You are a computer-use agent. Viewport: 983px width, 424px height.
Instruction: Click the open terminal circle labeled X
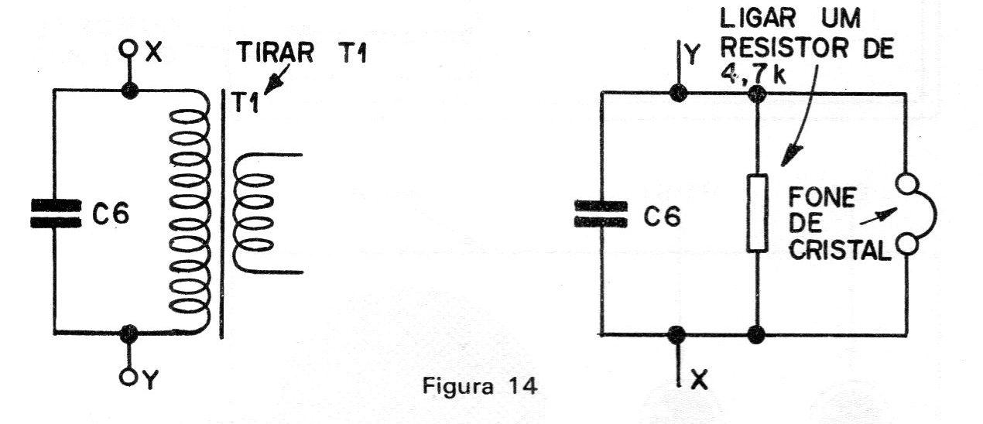tap(128, 50)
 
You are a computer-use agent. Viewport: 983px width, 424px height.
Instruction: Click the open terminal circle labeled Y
tap(128, 376)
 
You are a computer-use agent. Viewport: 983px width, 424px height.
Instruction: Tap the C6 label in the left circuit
tap(111, 214)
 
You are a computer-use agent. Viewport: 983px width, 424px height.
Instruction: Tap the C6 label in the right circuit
tap(663, 216)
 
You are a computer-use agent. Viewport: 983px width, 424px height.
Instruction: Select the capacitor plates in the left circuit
tap(56, 214)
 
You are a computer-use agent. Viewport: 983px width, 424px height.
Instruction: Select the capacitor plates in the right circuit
tap(601, 214)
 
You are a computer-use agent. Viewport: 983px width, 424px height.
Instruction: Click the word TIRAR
tap(276, 53)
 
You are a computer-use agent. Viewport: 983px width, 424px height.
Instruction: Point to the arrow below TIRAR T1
tap(276, 79)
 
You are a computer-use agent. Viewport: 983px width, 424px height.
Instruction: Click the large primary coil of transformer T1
tap(190, 210)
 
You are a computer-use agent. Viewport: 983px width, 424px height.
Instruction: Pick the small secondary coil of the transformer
tap(253, 214)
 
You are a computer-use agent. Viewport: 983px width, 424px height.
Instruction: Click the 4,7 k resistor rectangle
tap(757, 213)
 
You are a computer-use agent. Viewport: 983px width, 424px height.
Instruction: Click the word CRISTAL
tap(839, 251)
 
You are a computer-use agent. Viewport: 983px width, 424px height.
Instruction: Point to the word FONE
tap(821, 198)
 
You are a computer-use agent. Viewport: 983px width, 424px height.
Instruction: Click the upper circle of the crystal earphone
tap(907, 183)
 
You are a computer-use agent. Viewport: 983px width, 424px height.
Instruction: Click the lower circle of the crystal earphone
tap(906, 244)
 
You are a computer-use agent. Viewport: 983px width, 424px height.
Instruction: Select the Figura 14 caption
tap(480, 386)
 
